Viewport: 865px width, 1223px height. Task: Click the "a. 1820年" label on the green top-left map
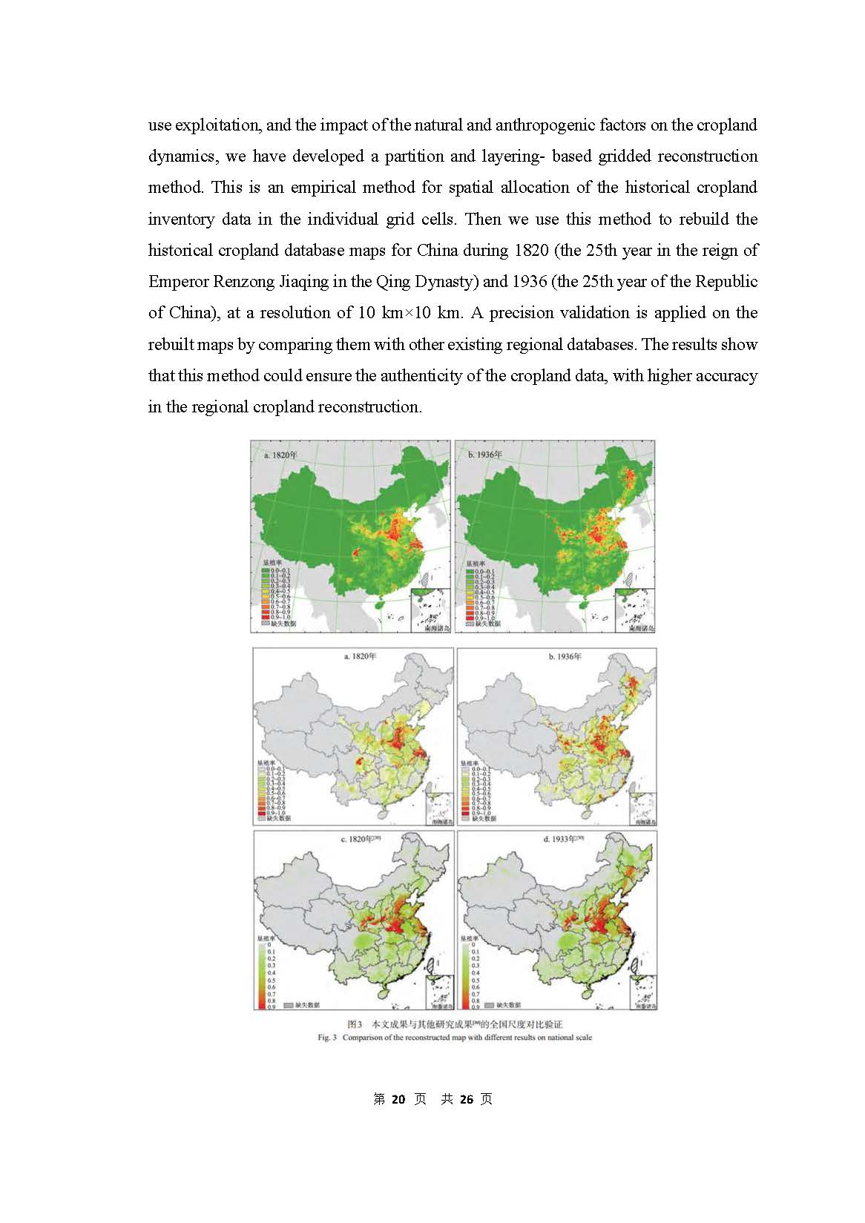280,455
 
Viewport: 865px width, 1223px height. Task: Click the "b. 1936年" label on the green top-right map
485,455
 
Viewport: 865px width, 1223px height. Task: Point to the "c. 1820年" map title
361,839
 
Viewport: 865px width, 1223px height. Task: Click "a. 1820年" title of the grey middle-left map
361,656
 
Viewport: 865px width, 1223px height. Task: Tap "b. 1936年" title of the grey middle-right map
565,656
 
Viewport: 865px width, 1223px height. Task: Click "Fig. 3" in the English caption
327,1038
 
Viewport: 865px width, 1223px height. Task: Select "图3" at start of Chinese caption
355,1025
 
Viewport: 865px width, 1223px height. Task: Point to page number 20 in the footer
398,1099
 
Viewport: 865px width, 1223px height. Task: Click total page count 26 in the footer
467,1099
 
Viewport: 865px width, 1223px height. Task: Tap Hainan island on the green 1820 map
380,604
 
